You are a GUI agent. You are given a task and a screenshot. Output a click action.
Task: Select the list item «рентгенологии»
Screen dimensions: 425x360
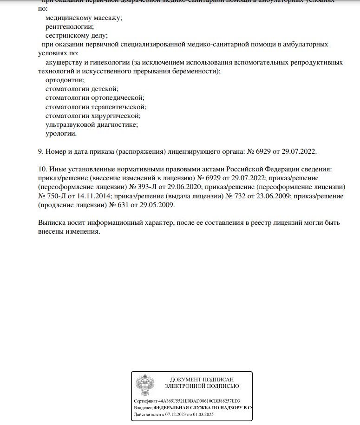tap(70, 26)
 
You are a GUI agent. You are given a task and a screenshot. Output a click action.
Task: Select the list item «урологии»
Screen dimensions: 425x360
tap(61, 133)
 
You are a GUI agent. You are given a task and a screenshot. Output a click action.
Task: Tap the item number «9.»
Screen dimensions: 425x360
tap(41, 151)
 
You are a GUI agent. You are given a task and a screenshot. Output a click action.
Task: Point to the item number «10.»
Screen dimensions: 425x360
tap(43, 169)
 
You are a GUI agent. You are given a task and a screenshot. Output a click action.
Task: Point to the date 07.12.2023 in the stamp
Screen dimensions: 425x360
tap(172, 413)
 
